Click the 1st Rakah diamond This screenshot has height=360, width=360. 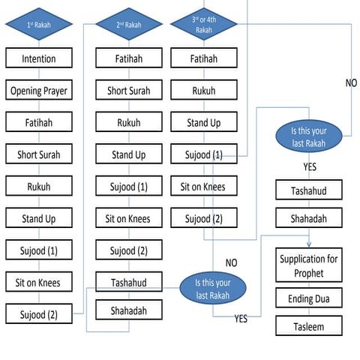[38, 24]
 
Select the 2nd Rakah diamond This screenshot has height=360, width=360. [128, 24]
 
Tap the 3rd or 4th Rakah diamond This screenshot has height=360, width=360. [204, 24]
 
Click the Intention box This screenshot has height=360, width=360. [38, 58]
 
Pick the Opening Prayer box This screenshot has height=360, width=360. [38, 91]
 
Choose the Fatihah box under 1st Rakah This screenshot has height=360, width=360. [38, 122]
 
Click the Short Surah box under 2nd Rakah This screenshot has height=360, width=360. [128, 91]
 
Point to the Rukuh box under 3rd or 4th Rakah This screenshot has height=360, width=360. [204, 91]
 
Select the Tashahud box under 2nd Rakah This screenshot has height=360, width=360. [128, 283]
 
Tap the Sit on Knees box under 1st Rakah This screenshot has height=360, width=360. [38, 283]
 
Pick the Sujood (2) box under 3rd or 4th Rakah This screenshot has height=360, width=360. [204, 218]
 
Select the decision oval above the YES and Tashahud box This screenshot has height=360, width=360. [310, 136]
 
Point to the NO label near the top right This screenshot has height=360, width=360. [351, 82]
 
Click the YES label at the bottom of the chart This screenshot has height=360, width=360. [241, 319]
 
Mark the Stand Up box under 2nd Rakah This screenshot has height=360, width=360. [128, 154]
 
